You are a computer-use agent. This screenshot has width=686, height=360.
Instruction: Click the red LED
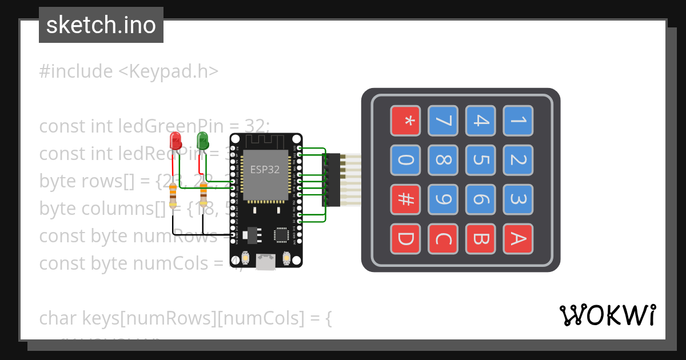pos(176,141)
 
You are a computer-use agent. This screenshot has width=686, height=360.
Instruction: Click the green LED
pos(202,140)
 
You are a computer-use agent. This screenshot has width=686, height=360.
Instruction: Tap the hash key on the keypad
pos(405,199)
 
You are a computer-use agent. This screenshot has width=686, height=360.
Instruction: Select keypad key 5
pos(480,160)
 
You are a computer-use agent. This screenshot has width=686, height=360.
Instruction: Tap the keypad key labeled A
pos(518,239)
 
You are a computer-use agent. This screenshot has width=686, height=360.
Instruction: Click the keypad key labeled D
pos(405,239)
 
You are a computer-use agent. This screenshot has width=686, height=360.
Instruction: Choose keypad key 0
pos(405,160)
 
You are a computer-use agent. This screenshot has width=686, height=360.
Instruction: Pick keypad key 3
pos(518,199)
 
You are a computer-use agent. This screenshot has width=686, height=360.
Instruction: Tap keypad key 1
pos(518,121)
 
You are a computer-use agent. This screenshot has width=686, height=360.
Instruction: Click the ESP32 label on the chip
pos(265,169)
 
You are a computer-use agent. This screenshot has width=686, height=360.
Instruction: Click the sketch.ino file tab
pos(101,25)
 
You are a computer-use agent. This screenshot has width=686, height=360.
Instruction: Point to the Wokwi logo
pos(607,315)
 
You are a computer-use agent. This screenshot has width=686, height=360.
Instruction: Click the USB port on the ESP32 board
pos(265,263)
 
